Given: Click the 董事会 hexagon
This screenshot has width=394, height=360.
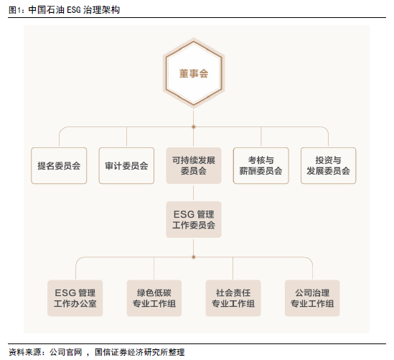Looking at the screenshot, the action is click(194, 73).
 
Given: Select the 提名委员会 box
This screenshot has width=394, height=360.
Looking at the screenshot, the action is click(59, 165).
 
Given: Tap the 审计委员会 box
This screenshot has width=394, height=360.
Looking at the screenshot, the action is click(126, 165).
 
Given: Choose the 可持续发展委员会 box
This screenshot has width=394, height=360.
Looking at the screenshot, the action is click(194, 165).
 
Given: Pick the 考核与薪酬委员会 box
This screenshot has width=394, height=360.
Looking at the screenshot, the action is click(261, 165).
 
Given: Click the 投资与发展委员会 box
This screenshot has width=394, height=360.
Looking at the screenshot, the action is click(328, 165).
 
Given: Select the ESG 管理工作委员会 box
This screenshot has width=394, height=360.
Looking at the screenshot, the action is click(194, 219).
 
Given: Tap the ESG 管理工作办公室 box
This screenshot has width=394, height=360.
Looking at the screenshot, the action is click(75, 298).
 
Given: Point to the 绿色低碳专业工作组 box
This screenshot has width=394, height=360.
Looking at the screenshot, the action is click(154, 298).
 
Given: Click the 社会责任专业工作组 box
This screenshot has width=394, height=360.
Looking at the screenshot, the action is click(233, 298).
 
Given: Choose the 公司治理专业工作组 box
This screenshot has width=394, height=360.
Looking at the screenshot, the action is click(312, 298).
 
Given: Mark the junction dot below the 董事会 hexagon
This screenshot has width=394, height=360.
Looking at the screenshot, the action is click(194, 126).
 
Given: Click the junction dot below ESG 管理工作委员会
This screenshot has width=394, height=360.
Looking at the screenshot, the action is click(194, 257).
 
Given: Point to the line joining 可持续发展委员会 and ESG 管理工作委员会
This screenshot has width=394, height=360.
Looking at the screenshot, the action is click(194, 193).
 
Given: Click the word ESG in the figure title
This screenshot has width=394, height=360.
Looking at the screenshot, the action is click(74, 10).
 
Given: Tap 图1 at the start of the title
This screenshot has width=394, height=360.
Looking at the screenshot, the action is click(13, 10).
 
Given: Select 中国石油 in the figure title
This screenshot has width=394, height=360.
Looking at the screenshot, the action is click(46, 10).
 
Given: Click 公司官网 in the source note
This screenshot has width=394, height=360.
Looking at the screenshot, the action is click(66, 352).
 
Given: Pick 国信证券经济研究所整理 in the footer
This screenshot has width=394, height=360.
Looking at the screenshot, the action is click(140, 352).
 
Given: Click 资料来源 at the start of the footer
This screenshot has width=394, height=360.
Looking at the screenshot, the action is click(24, 352).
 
